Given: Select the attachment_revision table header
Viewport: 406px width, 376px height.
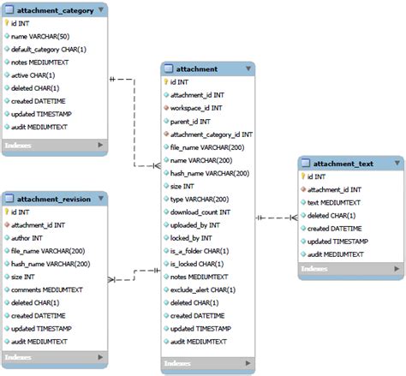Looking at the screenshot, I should pos(53,199).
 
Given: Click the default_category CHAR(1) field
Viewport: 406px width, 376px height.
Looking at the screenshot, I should pos(48,50).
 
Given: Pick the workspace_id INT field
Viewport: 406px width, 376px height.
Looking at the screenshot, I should pos(196,108).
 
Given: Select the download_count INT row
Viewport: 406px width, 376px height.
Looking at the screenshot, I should pos(200,212).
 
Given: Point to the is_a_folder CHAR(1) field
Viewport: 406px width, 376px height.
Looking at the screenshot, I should pos(200,251).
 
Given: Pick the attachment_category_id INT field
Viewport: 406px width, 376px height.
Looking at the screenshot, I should pos(211,134).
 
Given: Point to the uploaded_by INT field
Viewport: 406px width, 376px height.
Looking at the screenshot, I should pos(196,224).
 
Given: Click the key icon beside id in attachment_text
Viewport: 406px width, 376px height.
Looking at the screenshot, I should pos(303,176).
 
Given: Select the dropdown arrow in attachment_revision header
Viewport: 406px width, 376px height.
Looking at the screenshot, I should pos(101,199).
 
